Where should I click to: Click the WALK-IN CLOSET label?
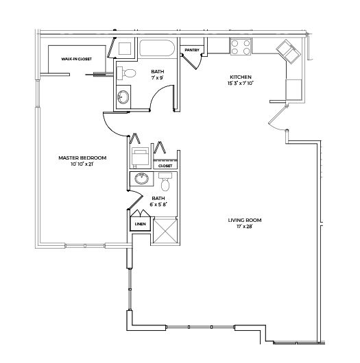[x=76, y=60]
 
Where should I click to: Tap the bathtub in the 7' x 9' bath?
[x=158, y=49]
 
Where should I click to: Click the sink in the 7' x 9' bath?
[x=123, y=98]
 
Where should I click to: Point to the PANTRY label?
[x=191, y=50]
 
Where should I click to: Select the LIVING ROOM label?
[x=245, y=220]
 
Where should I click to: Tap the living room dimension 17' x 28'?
[x=245, y=226]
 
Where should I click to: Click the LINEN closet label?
[x=139, y=224]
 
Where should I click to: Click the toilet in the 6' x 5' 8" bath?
[x=165, y=183]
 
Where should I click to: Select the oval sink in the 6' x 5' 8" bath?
[x=143, y=180]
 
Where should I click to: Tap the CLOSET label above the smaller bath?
[x=165, y=166]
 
